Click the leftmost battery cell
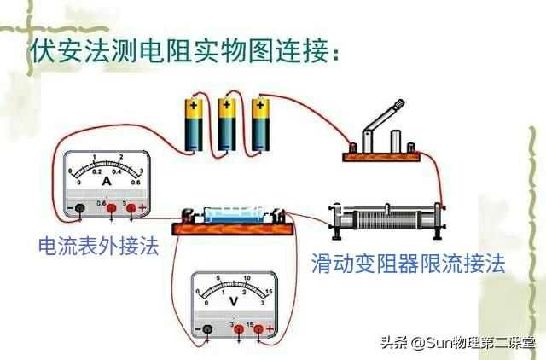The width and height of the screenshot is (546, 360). (x=194, y=125)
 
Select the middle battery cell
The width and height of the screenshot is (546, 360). (x=226, y=125)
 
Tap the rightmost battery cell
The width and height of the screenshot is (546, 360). (x=258, y=125)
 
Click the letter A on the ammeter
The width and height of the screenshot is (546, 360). (x=107, y=181)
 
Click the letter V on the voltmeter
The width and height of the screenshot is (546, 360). (x=232, y=300)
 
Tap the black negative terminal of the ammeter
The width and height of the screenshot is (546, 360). (x=79, y=208)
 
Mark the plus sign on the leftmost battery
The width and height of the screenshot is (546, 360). (x=194, y=107)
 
